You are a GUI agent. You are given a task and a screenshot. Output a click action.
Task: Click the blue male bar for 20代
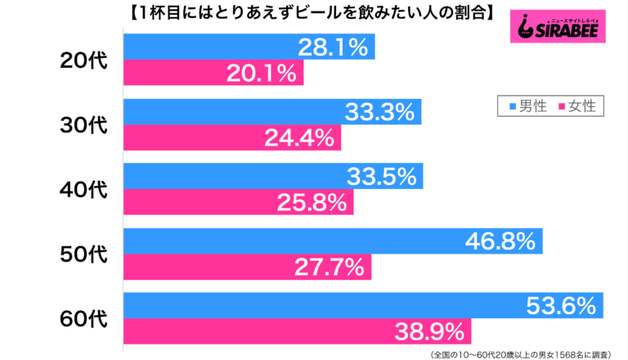coord(249,47)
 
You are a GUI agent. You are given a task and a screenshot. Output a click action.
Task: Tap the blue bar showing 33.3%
coord(271,112)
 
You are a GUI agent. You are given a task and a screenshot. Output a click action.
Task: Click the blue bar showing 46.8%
coord(332,241)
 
